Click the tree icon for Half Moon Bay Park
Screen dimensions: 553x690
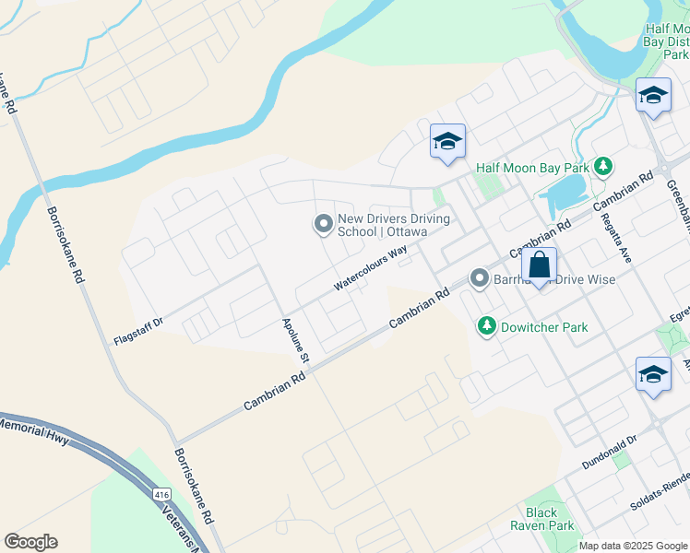tap(603, 167)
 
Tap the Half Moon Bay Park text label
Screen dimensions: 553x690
tap(533, 168)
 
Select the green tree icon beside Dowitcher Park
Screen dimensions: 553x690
tap(486, 326)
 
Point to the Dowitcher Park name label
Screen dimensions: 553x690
tap(544, 326)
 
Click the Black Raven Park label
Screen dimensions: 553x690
tap(541, 519)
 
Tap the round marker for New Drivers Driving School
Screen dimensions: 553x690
tap(323, 224)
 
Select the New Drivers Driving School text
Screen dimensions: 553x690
tap(393, 226)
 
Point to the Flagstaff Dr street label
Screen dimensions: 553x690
tap(137, 322)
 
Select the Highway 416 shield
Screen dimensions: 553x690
tap(162, 495)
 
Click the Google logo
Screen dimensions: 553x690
tap(30, 542)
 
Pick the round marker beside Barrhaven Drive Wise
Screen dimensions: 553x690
tap(479, 277)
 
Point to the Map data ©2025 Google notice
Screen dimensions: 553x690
tap(634, 546)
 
